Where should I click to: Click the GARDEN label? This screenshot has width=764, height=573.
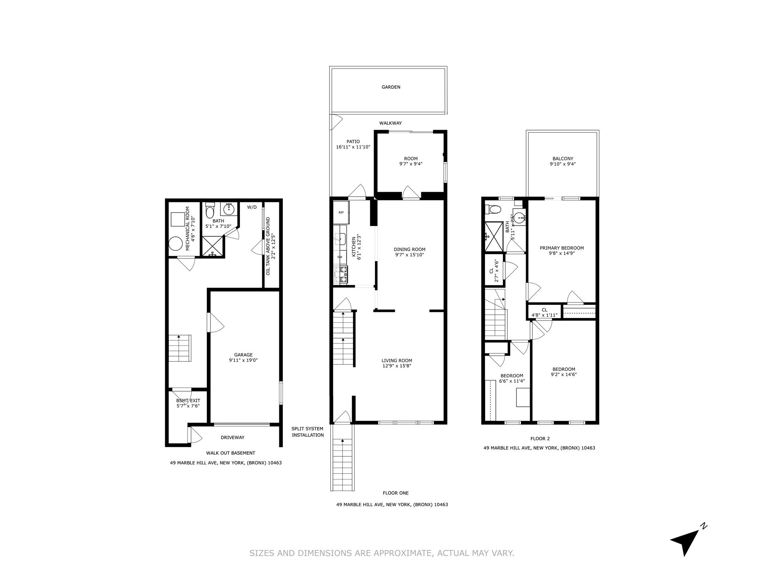(391, 87)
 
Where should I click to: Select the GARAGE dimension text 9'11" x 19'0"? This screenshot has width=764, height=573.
(243, 361)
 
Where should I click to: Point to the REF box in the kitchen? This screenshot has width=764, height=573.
(341, 212)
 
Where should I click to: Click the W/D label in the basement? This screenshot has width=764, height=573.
(252, 207)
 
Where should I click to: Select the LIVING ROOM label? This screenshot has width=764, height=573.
(396, 361)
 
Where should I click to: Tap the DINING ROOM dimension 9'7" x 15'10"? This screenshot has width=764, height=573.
(409, 255)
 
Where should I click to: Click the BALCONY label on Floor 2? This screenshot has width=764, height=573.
(563, 159)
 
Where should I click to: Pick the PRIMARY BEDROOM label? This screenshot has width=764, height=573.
(561, 248)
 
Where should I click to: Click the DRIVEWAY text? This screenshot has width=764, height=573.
(232, 438)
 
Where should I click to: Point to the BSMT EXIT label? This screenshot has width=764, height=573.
(188, 401)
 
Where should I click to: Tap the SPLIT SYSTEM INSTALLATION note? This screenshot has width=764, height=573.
(308, 432)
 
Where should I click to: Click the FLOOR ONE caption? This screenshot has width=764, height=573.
(396, 493)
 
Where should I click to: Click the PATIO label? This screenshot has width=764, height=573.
(353, 142)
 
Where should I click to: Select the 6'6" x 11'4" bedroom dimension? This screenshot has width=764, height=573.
(512, 381)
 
